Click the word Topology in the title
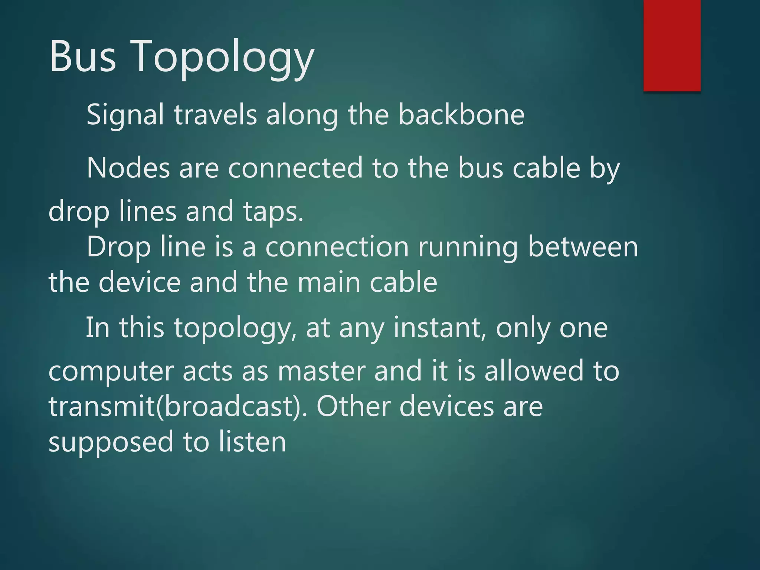[223, 58]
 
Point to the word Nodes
[128, 168]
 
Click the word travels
[215, 115]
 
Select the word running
[468, 247]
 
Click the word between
[583, 247]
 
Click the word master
[321, 371]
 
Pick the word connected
[295, 168]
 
